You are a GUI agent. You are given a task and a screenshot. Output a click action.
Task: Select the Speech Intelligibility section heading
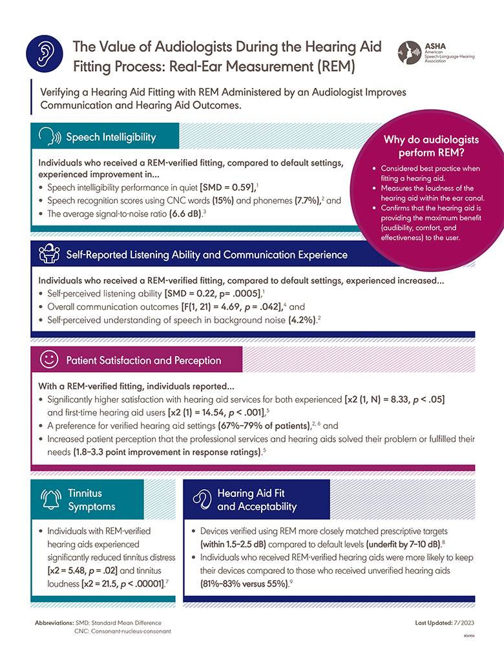(111, 137)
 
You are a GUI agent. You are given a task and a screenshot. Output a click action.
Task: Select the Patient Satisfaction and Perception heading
(143, 361)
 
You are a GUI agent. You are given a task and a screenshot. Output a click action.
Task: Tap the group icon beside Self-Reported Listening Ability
(50, 255)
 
